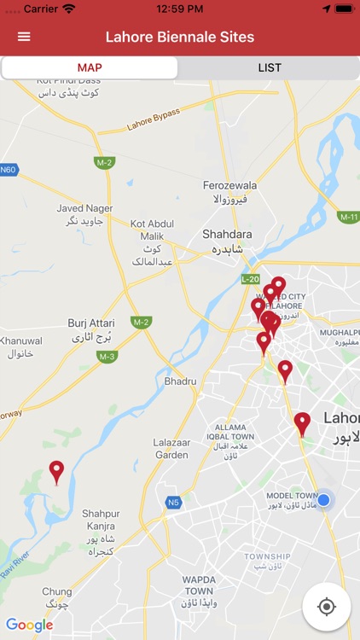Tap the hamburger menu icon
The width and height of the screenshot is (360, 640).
pos(24,37)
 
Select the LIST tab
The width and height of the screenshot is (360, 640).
pos(270,67)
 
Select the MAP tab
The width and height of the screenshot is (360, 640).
pos(90,67)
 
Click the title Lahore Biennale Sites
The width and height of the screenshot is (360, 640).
pos(180,37)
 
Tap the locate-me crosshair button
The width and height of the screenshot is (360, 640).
pos(326,607)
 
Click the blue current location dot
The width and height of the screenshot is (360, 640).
pos(323,499)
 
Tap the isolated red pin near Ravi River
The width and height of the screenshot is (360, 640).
pos(56,472)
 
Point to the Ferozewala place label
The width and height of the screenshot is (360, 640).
pos(229,185)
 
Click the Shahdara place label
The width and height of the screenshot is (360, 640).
pos(226,234)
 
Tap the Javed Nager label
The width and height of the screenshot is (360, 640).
pos(84,208)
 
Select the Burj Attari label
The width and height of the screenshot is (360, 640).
pos(90,323)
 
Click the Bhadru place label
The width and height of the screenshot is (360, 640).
pos(180,381)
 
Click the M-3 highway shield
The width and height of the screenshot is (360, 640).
pos(107,356)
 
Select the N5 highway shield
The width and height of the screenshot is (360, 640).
pos(173,503)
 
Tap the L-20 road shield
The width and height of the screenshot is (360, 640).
pos(250,279)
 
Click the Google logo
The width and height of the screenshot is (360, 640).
pos(30,625)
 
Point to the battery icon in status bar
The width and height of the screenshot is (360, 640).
pos(344,9)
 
